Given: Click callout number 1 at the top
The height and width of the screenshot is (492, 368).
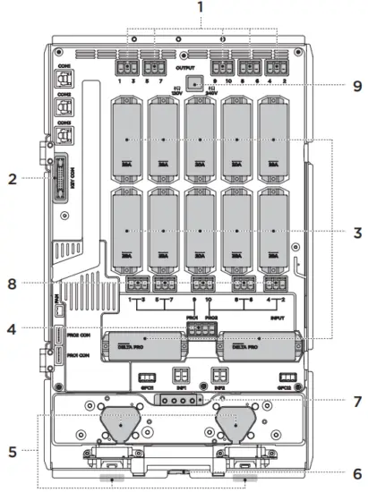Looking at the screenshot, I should [x=201, y=8].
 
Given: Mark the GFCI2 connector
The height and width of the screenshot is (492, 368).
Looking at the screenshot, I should [x=285, y=377].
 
